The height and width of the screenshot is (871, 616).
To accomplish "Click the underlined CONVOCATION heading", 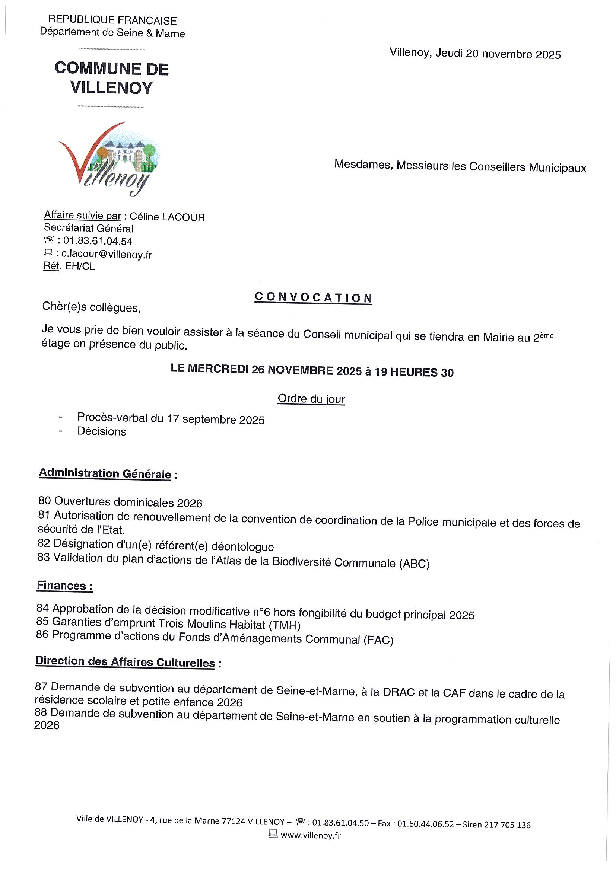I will coord(313,298).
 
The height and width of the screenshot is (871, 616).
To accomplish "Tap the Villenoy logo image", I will coord(109,159).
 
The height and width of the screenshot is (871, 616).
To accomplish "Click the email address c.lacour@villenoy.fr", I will coord(107,254).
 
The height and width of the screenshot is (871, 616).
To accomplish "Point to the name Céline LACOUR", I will coord(167,217).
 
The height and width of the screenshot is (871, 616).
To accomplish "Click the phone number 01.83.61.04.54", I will coord(98,241).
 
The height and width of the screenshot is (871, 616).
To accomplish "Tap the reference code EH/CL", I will coord(80,266).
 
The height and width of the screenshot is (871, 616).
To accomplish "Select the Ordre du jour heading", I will coord(311,399).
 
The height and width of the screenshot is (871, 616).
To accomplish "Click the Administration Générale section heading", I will coord(105,473).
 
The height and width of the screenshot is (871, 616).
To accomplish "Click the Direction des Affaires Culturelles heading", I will coord(125,662).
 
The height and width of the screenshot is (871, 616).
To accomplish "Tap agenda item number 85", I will coord(42,621).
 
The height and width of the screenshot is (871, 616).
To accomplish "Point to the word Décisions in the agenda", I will coord(101,431).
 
